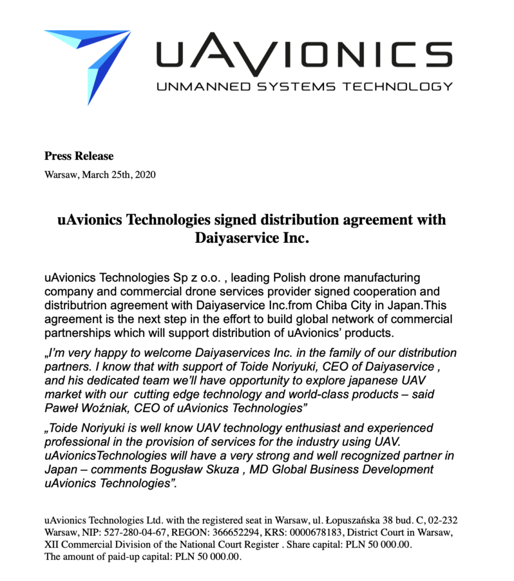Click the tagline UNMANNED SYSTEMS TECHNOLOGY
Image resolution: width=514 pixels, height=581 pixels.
click(304, 86)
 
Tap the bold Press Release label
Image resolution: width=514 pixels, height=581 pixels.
click(79, 156)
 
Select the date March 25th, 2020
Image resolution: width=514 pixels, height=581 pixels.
click(118, 174)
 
